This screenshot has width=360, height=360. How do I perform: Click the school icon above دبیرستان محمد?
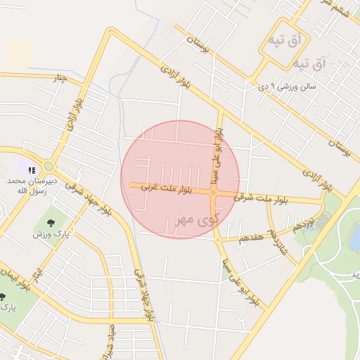(x=32, y=169)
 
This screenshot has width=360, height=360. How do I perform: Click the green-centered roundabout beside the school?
(x=49, y=167)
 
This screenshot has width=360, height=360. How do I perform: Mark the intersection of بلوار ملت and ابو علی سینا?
(x=214, y=191)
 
